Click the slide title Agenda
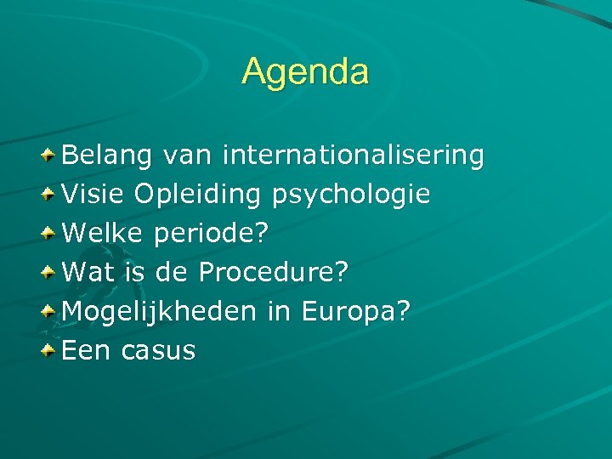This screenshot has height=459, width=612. pyautogui.click(x=305, y=71)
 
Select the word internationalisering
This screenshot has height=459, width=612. pyautogui.click(x=353, y=156)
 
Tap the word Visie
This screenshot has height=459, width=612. pyautogui.click(x=93, y=195)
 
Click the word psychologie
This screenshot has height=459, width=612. pyautogui.click(x=351, y=195)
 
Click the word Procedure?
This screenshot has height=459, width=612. pyautogui.click(x=273, y=273)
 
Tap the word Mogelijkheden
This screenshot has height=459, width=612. pyautogui.click(x=159, y=312)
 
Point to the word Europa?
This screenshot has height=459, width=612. pyautogui.click(x=355, y=312)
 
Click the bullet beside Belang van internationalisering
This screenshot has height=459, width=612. pyautogui.click(x=50, y=155)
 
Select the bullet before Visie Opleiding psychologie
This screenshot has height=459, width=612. pyautogui.click(x=50, y=194)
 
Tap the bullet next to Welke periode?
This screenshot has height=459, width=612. pyautogui.click(x=50, y=233)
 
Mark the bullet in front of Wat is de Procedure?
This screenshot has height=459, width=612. pyautogui.click(x=50, y=272)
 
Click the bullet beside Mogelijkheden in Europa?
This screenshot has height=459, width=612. pyautogui.click(x=50, y=311)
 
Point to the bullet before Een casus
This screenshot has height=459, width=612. pyautogui.click(x=50, y=350)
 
